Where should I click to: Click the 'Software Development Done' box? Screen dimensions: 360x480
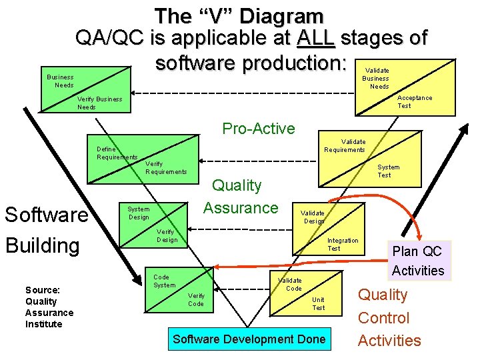[249, 339]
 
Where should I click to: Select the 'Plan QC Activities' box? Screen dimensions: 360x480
[418, 261]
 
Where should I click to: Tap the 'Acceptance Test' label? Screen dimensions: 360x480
[414, 101]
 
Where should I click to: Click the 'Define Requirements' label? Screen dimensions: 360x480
[117, 153]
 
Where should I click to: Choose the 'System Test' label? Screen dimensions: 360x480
[388, 171]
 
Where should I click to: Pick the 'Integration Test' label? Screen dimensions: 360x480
[342, 244]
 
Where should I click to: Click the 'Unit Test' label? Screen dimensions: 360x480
[318, 303]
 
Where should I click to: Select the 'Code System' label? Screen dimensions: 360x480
[164, 281]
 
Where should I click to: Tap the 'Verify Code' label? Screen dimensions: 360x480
[196, 299]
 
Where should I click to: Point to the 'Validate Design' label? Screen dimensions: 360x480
[313, 217]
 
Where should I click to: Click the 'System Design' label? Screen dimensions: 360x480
[138, 213]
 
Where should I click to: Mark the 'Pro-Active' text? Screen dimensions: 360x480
[259, 129]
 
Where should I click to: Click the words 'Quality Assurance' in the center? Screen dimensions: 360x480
[241, 196]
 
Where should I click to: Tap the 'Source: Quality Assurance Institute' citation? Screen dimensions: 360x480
[49, 307]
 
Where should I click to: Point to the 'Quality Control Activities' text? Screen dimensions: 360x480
[389, 317]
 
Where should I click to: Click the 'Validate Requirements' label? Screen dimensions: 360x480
[344, 145]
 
